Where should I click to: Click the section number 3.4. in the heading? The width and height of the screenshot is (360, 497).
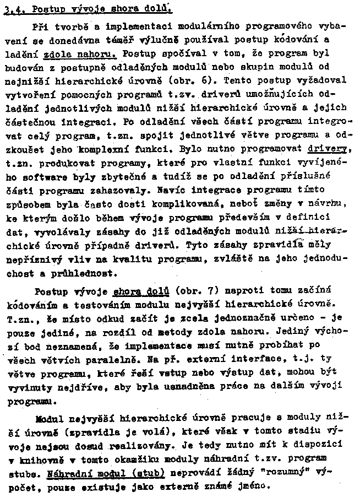point(12,9)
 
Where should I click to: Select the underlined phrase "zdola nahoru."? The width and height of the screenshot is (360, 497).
point(81,55)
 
